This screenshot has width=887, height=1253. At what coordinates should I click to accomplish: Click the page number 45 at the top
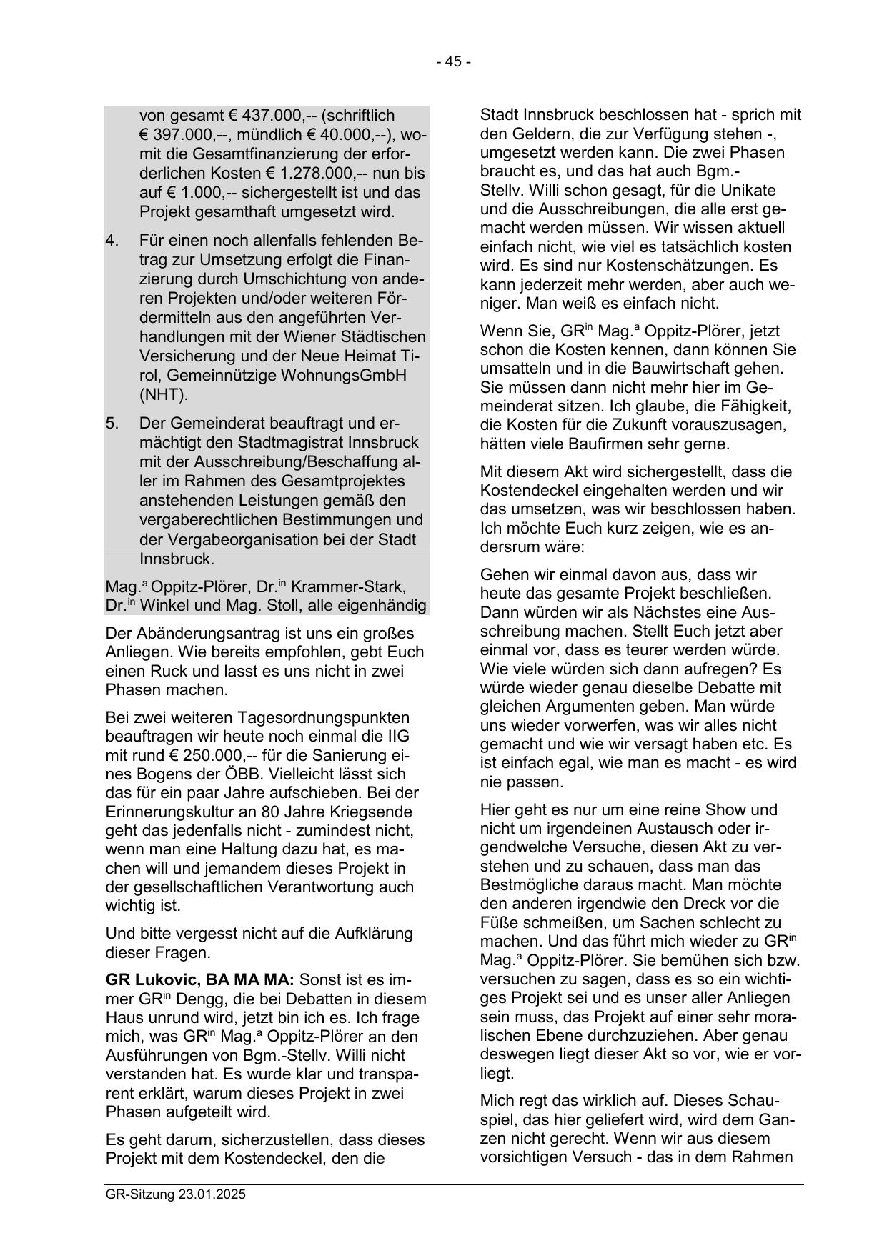[x=453, y=62]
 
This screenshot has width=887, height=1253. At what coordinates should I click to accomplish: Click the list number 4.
[x=112, y=241]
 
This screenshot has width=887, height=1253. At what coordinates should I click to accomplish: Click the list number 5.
[x=112, y=424]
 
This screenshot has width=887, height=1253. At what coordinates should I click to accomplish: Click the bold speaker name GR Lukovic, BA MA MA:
[x=199, y=980]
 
